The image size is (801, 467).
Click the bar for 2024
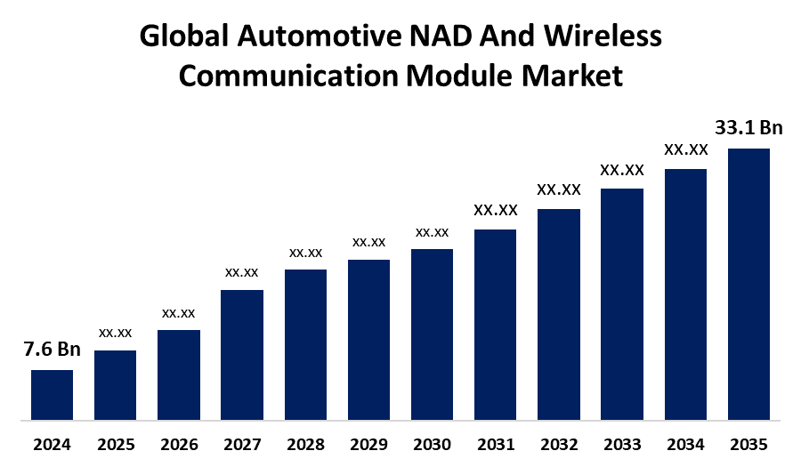point(52,394)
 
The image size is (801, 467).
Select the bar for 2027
point(241,354)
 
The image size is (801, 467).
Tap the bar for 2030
point(432,334)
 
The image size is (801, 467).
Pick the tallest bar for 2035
point(748,283)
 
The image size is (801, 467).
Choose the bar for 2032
point(559,313)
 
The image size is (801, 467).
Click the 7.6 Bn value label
point(52,350)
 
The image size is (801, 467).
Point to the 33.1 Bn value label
point(748,128)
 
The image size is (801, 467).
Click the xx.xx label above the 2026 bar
point(178,313)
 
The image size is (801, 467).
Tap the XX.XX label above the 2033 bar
point(622,170)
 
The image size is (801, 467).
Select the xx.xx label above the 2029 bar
point(368,242)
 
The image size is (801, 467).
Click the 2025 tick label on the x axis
point(115,444)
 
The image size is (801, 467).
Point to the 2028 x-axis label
point(305,444)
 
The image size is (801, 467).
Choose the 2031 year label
point(495,444)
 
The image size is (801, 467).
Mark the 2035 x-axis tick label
point(748,444)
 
